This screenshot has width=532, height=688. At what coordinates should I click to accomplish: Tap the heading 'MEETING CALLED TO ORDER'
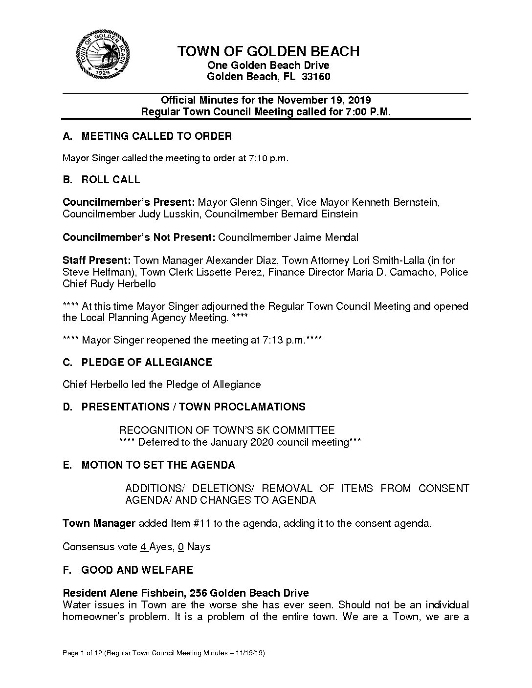pos(156,136)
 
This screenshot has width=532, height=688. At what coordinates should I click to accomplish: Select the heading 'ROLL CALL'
pos(111,180)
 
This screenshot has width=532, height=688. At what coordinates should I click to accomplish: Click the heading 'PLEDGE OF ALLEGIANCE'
pos(147,363)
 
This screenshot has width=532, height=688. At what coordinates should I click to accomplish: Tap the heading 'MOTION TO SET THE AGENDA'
pos(158,465)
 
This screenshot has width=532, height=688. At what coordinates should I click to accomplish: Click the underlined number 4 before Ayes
pos(144,547)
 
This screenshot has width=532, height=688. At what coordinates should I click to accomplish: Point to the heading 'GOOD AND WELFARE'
pos(137,570)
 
